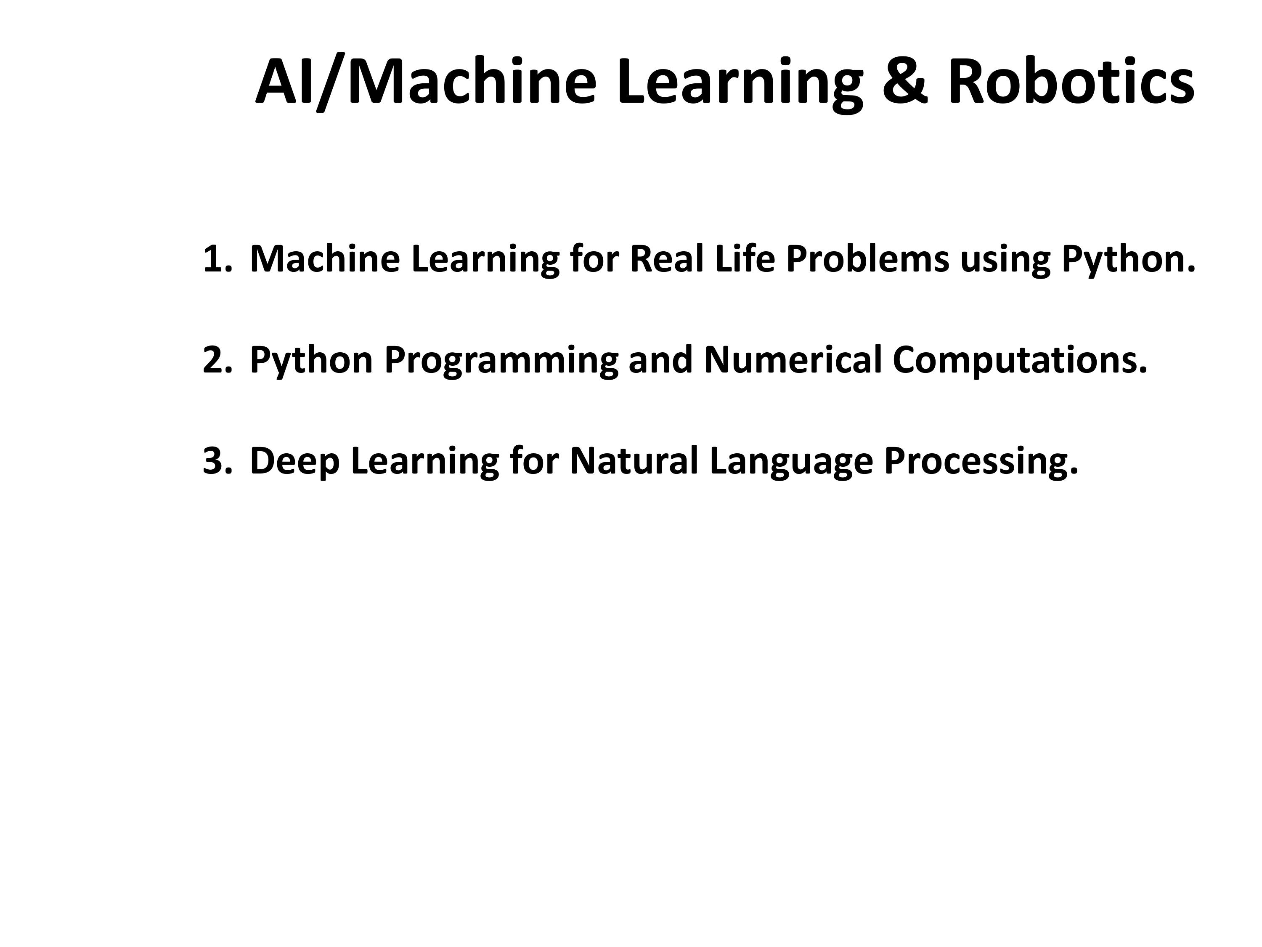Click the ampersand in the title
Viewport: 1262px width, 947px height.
tap(911, 81)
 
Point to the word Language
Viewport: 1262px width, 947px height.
tap(791, 463)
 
